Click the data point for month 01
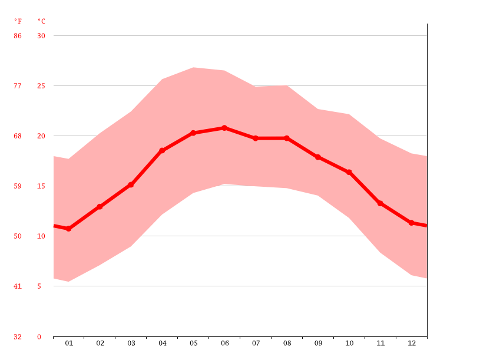(69, 229)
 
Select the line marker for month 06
(224, 128)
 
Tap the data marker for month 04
(162, 151)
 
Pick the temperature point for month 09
(318, 157)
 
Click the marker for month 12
(412, 223)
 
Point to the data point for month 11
(380, 203)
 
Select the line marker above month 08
(287, 138)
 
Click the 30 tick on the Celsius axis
(41, 36)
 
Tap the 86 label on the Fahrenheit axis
(18, 36)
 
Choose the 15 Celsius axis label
(41, 186)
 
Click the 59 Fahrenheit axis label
(18, 186)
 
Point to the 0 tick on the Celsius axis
(39, 337)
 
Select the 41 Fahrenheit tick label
(18, 286)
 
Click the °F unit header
(18, 21)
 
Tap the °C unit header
(41, 21)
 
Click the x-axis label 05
(193, 343)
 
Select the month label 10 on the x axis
(349, 343)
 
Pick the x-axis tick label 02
(100, 343)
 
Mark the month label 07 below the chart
(256, 343)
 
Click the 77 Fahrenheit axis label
(18, 86)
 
